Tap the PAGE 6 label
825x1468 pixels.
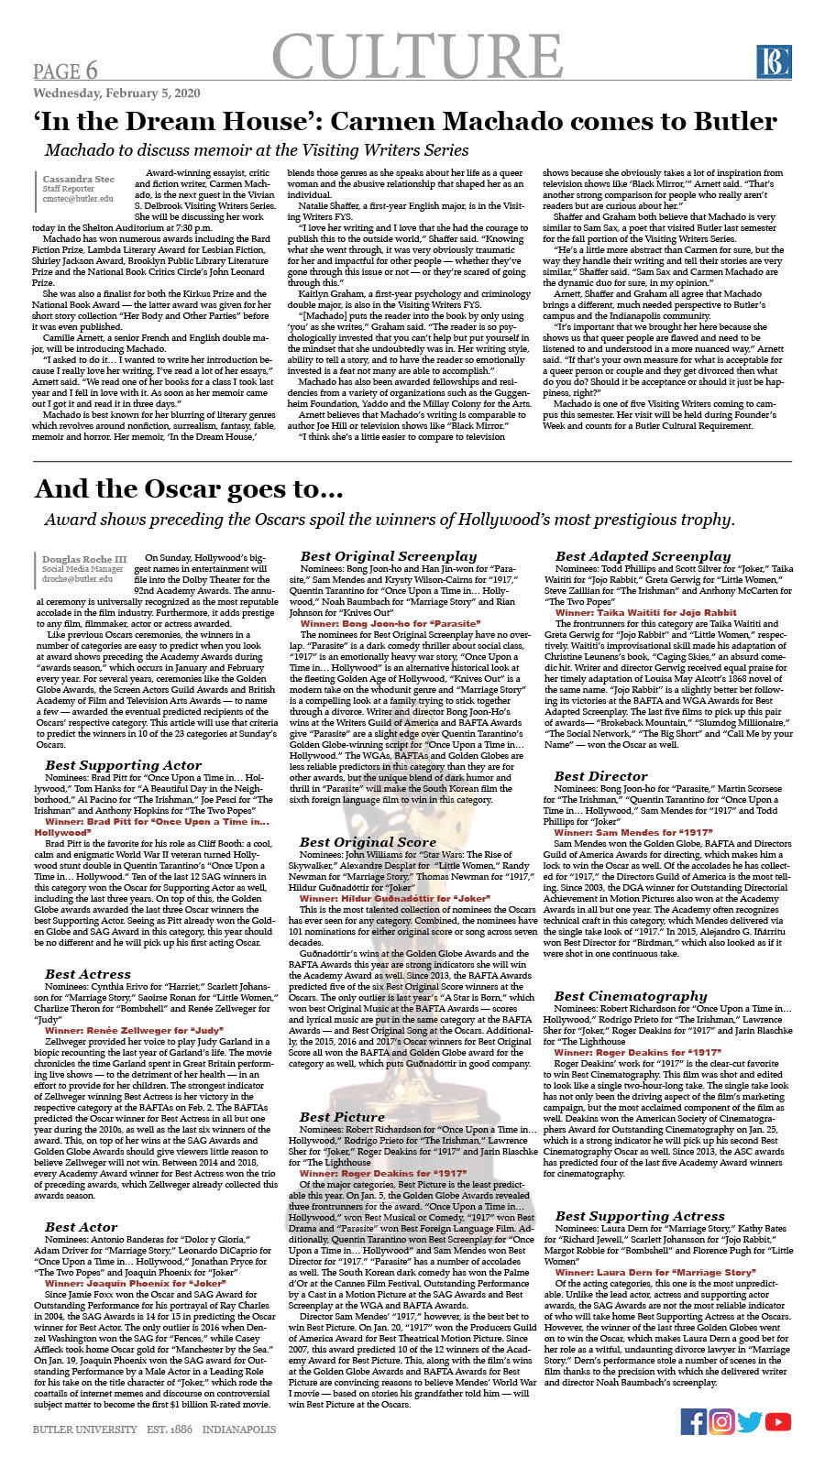tap(65, 71)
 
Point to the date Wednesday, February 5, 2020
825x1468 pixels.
tap(116, 93)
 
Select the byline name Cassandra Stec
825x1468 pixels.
tap(79, 179)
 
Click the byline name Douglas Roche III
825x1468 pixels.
tap(84, 559)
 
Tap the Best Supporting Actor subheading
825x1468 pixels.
tap(123, 765)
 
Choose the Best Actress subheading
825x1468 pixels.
tap(88, 974)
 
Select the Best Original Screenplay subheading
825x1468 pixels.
tap(389, 555)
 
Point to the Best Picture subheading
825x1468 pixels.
tap(342, 1116)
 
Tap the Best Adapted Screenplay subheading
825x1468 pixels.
tap(643, 555)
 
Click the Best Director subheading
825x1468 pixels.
tap(600, 775)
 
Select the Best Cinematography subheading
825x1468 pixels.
tap(631, 995)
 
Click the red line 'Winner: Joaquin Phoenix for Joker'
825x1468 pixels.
tap(135, 1284)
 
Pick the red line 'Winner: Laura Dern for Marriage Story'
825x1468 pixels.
tap(654, 1272)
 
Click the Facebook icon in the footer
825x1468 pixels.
tap(693, 1421)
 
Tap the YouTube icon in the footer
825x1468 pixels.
tap(777, 1421)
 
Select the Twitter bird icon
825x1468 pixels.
tap(750, 1421)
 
